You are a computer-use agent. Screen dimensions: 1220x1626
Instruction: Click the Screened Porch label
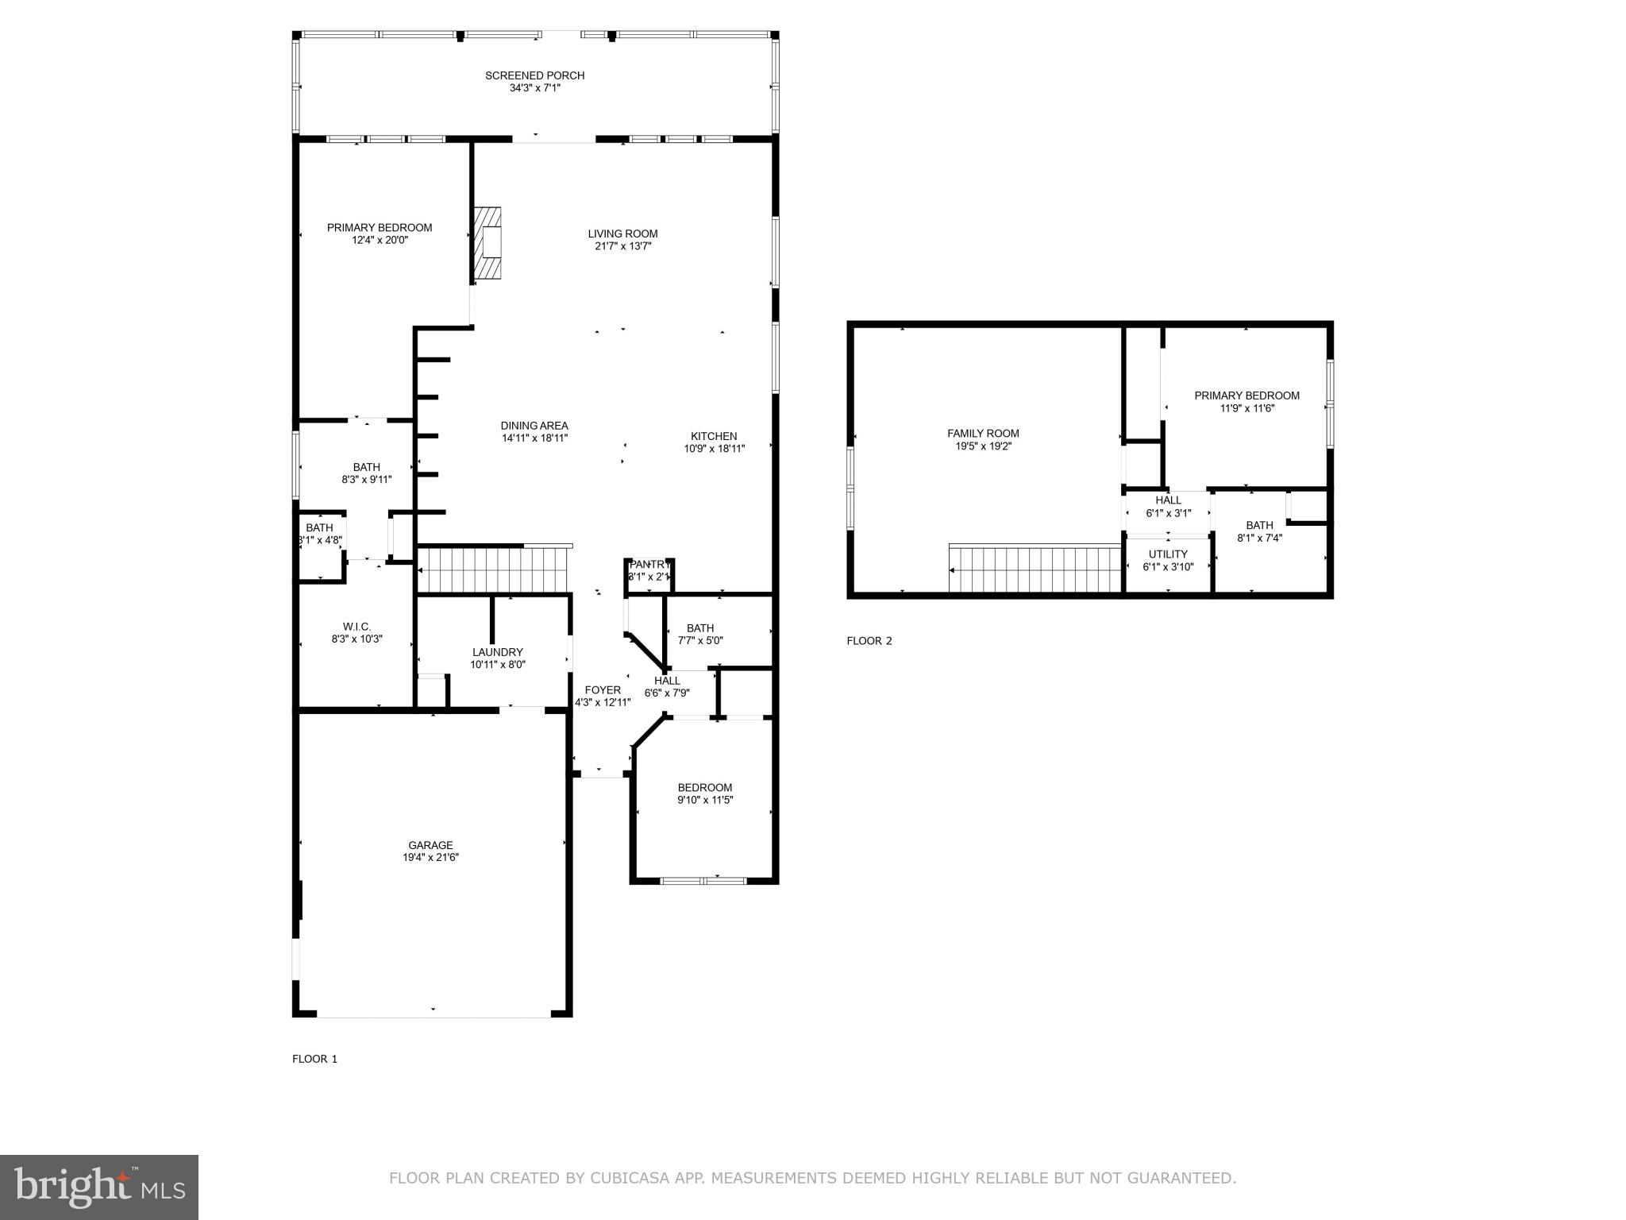pyautogui.click(x=534, y=75)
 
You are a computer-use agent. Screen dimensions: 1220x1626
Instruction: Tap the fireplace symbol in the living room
pyautogui.click(x=488, y=244)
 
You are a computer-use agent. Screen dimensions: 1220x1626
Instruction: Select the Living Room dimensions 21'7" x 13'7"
pyautogui.click(x=622, y=246)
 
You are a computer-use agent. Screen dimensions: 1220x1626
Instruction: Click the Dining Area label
pyautogui.click(x=534, y=426)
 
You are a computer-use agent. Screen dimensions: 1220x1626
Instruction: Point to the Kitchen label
pyautogui.click(x=714, y=436)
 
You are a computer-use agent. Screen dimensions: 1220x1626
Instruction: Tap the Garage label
pyautogui.click(x=430, y=845)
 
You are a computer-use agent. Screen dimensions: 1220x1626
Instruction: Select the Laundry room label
pyautogui.click(x=498, y=652)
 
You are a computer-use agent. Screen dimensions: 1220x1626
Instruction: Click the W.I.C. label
pyautogui.click(x=356, y=627)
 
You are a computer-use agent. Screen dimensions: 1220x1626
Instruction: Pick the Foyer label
pyautogui.click(x=603, y=690)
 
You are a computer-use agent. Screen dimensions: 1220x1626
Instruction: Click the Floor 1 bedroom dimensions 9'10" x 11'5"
pyautogui.click(x=704, y=800)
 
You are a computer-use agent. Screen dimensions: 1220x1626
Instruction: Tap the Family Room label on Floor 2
pyautogui.click(x=983, y=434)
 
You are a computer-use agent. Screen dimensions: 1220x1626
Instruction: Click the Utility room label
pyautogui.click(x=1168, y=554)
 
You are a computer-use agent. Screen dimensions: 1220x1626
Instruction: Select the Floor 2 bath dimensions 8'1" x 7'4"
pyautogui.click(x=1259, y=538)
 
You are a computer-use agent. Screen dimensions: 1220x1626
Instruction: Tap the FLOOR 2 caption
pyautogui.click(x=869, y=641)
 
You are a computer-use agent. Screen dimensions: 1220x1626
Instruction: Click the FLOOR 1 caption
pyautogui.click(x=314, y=1059)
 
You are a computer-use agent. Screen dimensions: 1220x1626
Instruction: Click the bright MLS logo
pyautogui.click(x=99, y=1187)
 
